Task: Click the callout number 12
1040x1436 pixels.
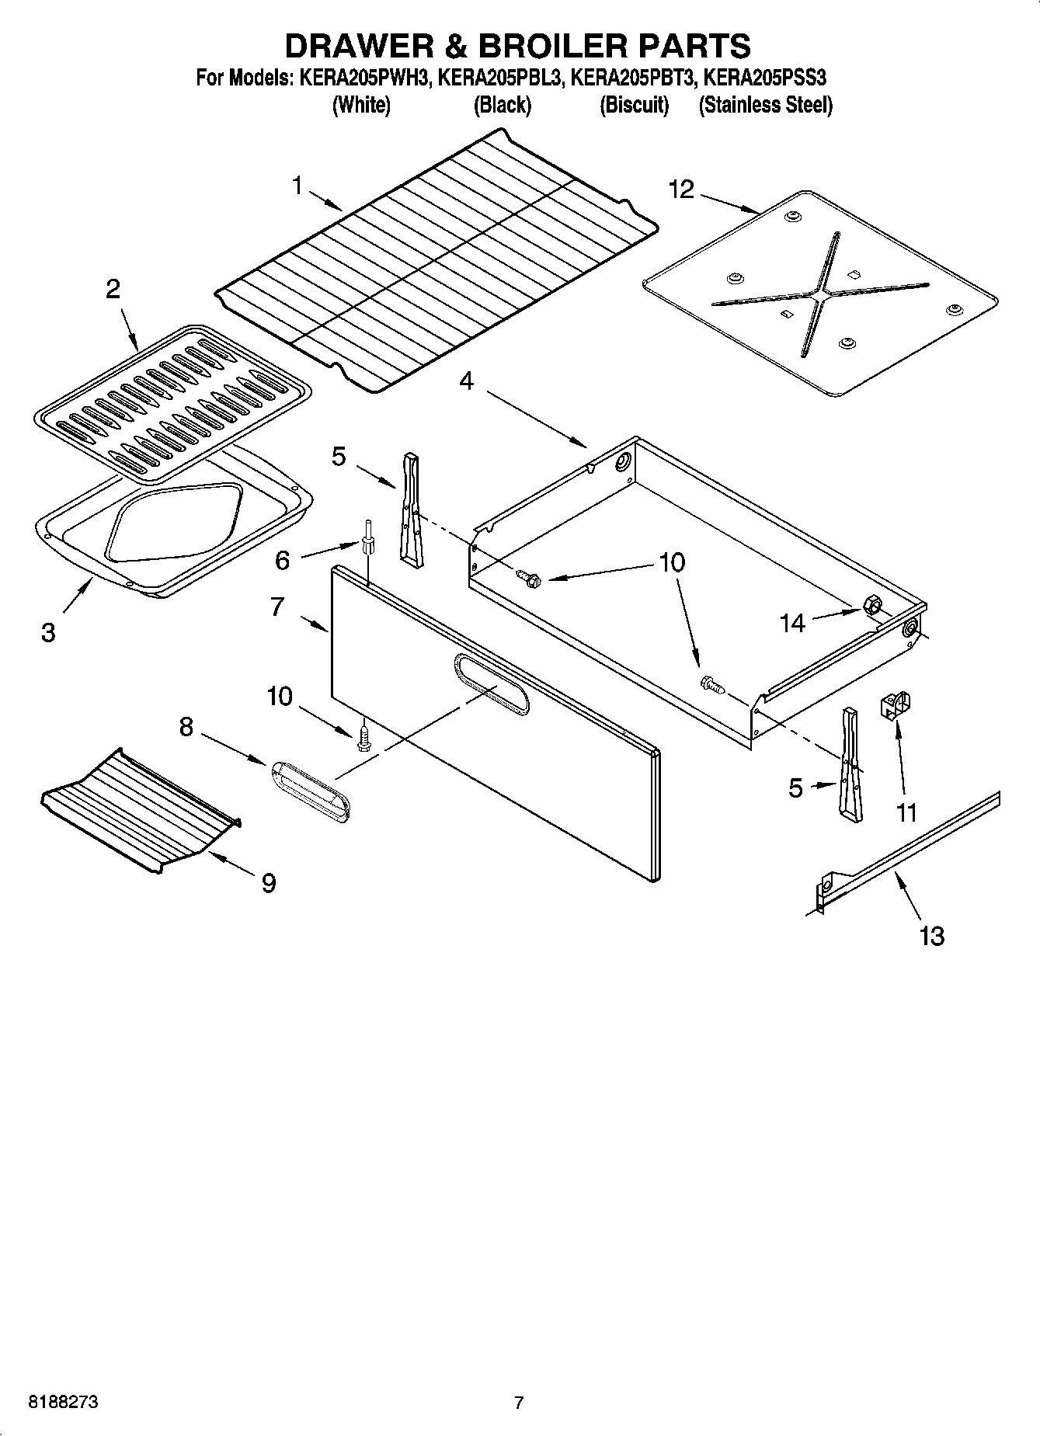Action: pyautogui.click(x=681, y=189)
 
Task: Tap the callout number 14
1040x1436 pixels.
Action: pyautogui.click(x=792, y=623)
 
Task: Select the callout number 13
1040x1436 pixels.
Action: pyautogui.click(x=931, y=936)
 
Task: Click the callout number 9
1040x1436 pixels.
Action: pyautogui.click(x=268, y=883)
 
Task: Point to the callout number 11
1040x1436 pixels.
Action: pyautogui.click(x=906, y=813)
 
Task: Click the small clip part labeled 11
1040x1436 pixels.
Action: pyautogui.click(x=896, y=705)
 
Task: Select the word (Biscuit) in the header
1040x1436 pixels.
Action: pyautogui.click(x=634, y=106)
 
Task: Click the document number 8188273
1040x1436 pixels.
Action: pyautogui.click(x=63, y=1403)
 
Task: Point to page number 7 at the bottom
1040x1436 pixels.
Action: pyautogui.click(x=519, y=1403)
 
